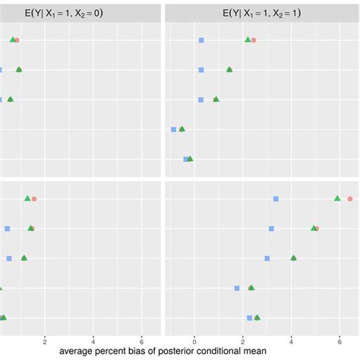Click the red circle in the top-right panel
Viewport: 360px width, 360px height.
[254, 40]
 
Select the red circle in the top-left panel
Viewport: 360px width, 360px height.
[17, 39]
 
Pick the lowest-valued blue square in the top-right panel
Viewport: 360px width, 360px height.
[173, 130]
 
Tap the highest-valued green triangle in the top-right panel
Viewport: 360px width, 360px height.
[248, 39]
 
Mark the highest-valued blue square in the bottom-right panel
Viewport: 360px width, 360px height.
[276, 199]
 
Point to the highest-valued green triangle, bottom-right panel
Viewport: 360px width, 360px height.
[337, 198]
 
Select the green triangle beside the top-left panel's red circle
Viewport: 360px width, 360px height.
[12, 39]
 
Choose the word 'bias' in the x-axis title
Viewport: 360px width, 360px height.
[146, 352]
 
